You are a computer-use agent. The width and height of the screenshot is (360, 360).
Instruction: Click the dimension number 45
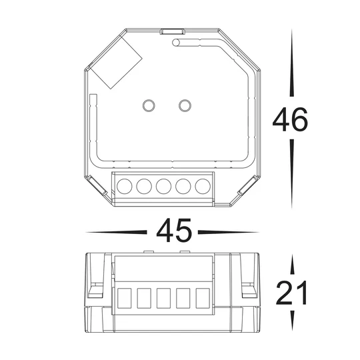click(174, 231)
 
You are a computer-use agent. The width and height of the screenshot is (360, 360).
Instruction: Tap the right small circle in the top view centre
click(185, 105)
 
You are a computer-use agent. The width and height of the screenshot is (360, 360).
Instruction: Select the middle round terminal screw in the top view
click(163, 187)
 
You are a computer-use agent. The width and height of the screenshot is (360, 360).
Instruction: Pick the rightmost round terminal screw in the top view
click(201, 187)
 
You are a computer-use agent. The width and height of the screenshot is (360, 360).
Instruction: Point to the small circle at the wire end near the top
click(177, 43)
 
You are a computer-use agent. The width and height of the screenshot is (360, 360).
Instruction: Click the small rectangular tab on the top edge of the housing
click(172, 31)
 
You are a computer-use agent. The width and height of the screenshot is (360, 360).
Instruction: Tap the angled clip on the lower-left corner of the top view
click(97, 189)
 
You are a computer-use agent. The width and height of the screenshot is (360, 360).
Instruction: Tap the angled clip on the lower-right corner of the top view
click(244, 189)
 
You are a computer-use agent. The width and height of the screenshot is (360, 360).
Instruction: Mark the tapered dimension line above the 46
click(291, 67)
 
